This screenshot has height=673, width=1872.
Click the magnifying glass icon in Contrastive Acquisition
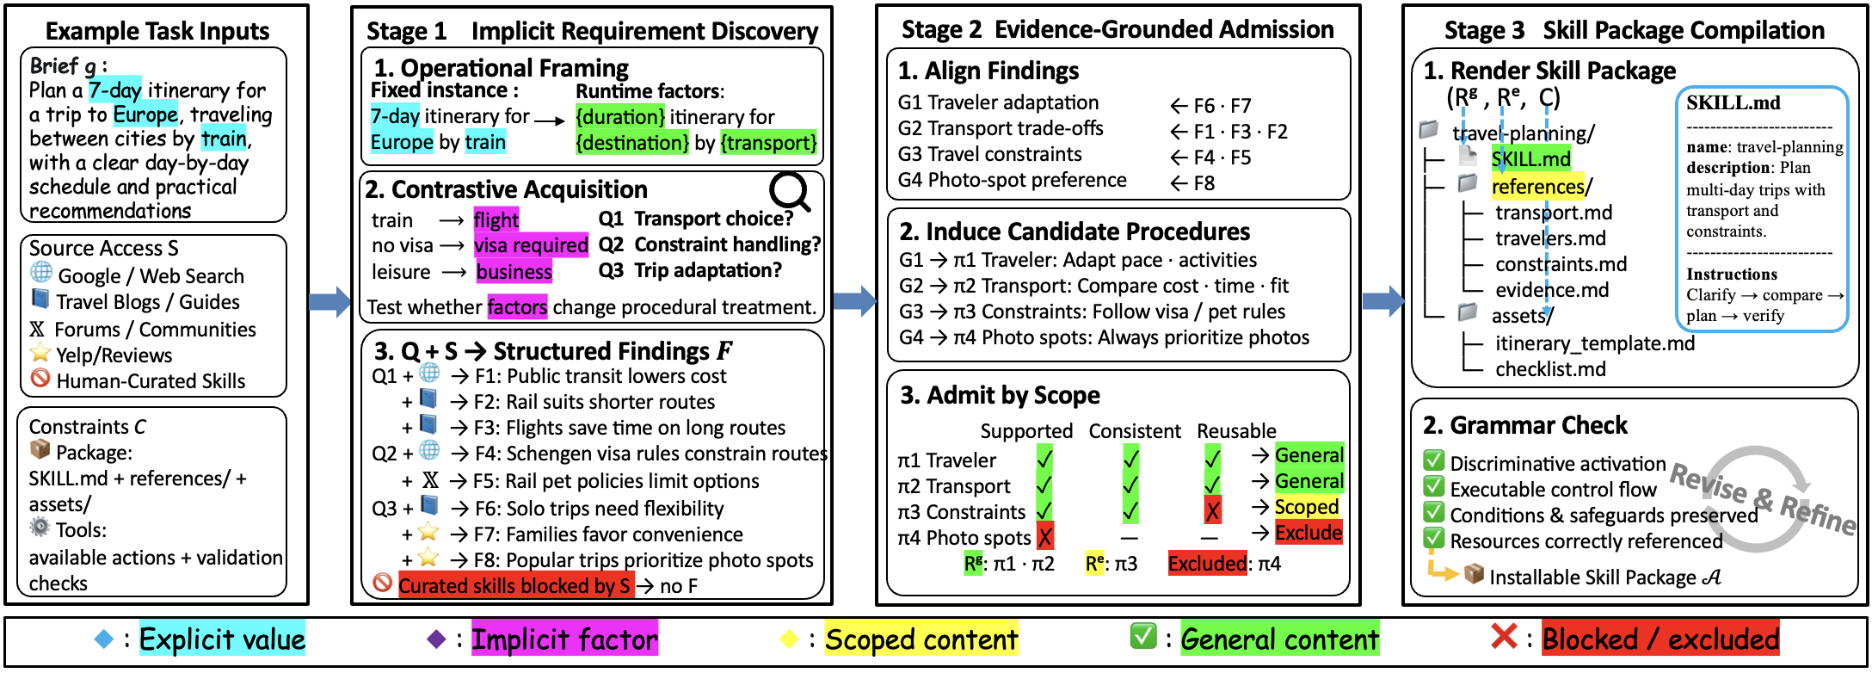790,192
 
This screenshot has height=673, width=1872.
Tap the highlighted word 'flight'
496,219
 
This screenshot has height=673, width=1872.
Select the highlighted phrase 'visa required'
531,245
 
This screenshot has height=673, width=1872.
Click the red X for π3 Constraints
1213,511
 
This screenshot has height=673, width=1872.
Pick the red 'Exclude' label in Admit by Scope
1309,533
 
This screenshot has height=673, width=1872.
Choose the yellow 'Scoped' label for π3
1307,507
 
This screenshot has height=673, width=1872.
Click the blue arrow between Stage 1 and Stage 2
855,300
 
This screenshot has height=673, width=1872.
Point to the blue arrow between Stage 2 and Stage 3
1383,300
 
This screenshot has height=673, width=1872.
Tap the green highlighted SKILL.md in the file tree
1531,159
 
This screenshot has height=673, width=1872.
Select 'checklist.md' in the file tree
1550,369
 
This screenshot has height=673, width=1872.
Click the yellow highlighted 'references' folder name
1537,186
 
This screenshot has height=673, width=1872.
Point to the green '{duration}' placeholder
620,116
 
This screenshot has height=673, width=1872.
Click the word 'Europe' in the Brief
145,114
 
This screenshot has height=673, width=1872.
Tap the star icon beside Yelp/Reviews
40,353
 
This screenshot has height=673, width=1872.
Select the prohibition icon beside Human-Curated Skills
40,379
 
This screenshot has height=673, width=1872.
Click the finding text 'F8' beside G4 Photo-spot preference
1204,183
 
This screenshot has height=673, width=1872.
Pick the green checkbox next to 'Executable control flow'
1433,487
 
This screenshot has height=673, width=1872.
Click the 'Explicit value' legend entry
222,639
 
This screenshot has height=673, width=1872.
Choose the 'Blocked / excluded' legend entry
1660,639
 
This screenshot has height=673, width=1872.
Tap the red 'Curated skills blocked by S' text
515,586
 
